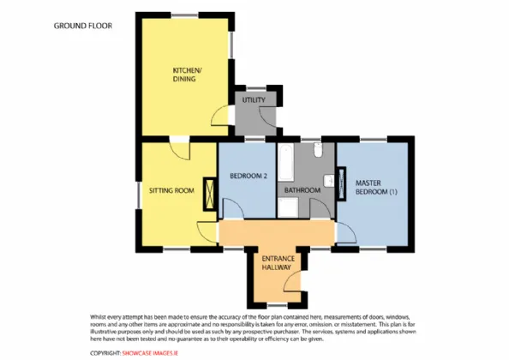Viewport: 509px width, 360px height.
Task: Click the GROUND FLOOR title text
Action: coord(83,26)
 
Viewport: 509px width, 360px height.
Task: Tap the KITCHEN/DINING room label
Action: coord(186,74)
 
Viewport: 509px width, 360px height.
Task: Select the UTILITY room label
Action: coord(254,100)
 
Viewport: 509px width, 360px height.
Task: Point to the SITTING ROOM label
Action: coord(171,190)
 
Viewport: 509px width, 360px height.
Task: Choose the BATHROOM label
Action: coord(302,190)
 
